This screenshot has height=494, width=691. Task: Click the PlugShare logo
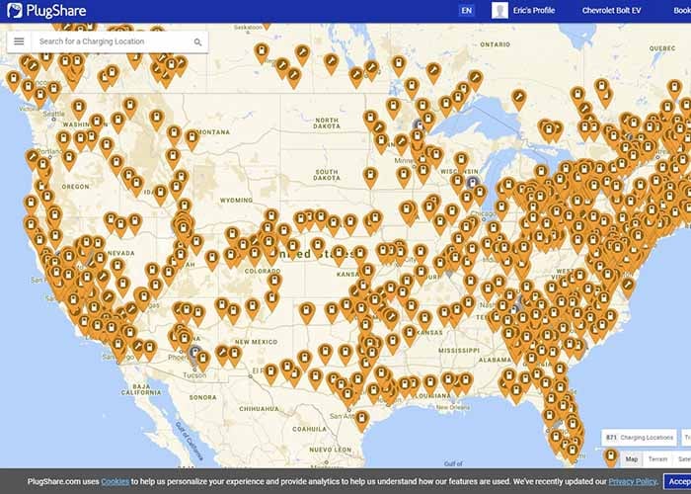47,11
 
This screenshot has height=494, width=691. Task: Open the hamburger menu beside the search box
19,41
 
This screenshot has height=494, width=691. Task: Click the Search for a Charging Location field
109,42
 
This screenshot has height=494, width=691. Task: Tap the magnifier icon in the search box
197,42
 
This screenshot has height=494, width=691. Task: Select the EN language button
466,11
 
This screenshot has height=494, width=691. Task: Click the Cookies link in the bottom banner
115,481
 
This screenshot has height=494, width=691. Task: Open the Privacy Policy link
633,481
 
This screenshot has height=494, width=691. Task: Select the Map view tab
631,459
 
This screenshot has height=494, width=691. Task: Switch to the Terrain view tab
657,459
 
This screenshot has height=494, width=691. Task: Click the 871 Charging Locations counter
639,437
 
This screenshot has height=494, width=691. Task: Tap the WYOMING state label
236,200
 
